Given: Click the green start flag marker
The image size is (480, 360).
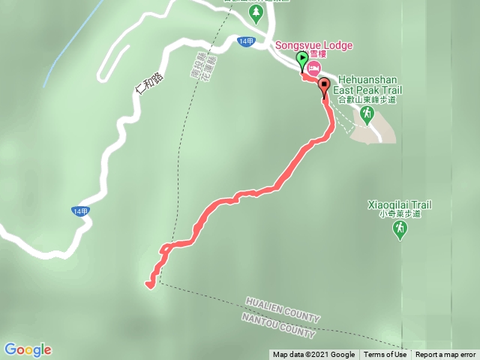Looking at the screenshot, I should pos(302,59).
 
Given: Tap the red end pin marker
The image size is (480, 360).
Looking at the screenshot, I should pos(324,86).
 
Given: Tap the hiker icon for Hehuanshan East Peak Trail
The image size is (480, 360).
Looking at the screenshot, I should pos(366,114).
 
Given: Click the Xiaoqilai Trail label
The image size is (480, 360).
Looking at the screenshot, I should pos(400,203).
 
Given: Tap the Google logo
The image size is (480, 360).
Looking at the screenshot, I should pos(28,349).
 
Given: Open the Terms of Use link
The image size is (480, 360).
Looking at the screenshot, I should pos(385,355).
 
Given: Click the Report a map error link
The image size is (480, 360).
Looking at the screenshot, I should pos(445,355).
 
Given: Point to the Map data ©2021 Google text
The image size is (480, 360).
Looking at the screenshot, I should pos(313,355).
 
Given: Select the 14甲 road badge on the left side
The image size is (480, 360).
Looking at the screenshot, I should pos(81,211).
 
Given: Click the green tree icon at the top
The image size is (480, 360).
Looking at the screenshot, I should pos(256,13).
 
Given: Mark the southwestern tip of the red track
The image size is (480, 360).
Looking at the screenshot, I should pos(148,284).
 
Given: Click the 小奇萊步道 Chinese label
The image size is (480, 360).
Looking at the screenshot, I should pos(400,214).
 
